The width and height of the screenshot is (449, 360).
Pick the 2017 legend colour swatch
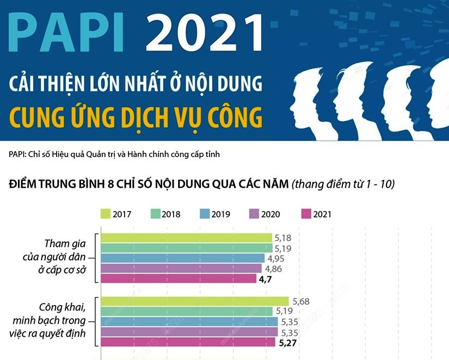106,214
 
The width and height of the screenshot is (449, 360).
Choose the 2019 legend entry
215,214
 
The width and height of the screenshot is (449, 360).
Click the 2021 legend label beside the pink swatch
322,214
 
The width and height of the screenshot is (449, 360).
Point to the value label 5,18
286,238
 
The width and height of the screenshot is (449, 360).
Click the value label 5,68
301,301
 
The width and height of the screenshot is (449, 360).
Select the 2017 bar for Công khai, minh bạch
195,301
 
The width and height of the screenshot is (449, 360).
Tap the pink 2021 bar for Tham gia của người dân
179,278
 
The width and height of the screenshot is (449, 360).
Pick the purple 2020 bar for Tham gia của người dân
181,268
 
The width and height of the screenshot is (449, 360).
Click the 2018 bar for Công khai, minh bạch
187,312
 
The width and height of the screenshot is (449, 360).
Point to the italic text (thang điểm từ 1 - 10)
343,184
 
